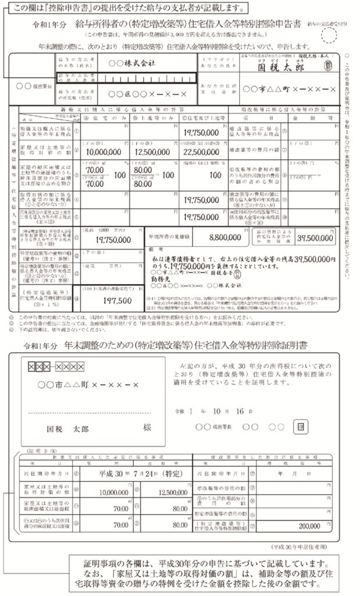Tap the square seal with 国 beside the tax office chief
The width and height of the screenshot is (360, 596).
(300, 426)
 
